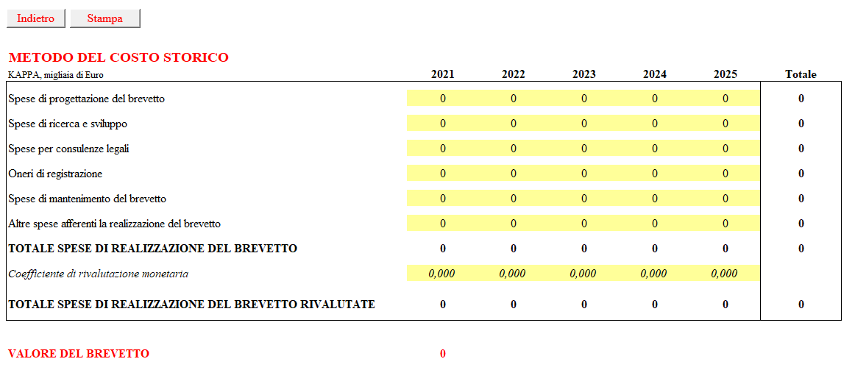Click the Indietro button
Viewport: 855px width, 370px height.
(35, 18)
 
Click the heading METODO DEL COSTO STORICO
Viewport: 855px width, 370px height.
(118, 58)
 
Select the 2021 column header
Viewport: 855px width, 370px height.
(442, 74)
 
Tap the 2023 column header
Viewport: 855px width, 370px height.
(584, 74)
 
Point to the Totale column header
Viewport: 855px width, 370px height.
(801, 74)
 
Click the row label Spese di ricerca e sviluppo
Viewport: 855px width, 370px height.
(68, 124)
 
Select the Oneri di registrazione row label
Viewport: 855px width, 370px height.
(56, 174)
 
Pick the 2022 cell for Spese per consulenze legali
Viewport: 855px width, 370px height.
(513, 148)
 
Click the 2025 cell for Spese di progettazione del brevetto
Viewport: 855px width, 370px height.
(725, 99)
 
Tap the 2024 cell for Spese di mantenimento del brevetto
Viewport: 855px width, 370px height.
(654, 199)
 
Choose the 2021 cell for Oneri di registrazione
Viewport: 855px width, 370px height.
(442, 174)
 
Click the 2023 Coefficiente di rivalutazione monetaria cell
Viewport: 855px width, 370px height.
(584, 274)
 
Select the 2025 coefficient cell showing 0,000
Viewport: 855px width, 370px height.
(725, 274)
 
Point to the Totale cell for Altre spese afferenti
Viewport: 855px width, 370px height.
(801, 224)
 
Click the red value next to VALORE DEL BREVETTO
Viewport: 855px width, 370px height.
(443, 355)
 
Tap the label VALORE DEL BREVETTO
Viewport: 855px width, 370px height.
(79, 355)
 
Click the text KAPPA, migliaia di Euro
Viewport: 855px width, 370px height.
(56, 75)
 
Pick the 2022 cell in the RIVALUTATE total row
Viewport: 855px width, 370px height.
(513, 305)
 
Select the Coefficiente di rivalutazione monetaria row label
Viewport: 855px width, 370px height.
(99, 274)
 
